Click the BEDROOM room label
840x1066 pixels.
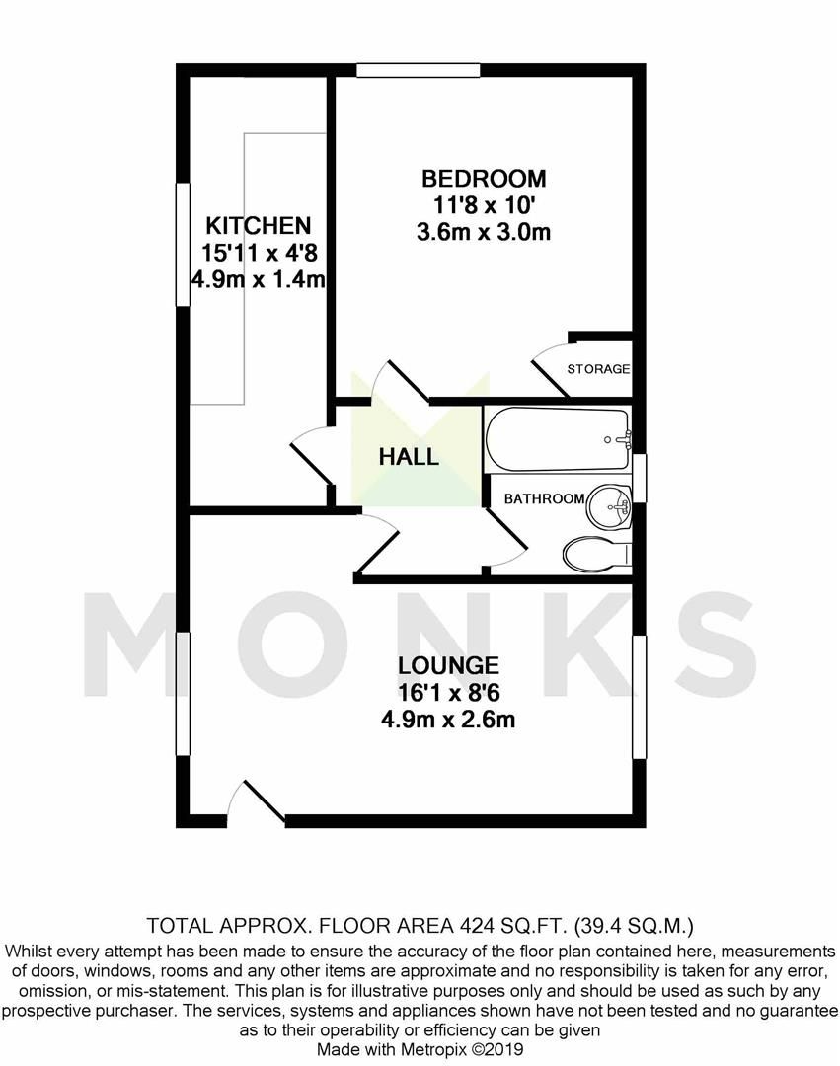483,179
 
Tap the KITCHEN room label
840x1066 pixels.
258,226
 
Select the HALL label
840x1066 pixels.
408,457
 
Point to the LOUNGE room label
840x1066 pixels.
448,665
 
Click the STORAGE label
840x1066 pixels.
598,369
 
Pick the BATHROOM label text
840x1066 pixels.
544,498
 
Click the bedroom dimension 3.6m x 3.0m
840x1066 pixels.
483,233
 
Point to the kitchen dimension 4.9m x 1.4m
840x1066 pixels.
259,279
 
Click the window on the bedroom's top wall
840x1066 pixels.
419,70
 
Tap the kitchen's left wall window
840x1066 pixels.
183,245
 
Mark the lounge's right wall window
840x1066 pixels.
639,697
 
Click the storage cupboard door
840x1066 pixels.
551,368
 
